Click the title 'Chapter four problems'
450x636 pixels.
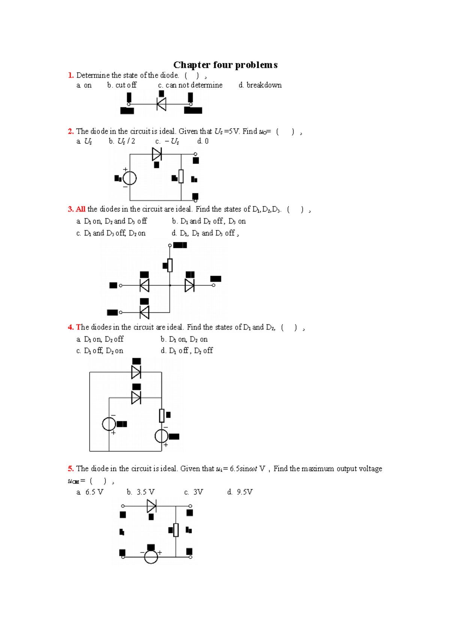point(225,65)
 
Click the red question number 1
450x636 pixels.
point(70,75)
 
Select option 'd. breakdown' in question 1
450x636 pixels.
point(260,85)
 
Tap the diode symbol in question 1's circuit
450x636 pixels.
point(161,104)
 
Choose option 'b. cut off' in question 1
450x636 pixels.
point(122,85)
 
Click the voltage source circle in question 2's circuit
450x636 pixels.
point(130,178)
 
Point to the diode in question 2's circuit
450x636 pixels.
point(157,154)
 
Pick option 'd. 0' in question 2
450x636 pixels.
point(203,141)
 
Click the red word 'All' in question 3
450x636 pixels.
point(81,209)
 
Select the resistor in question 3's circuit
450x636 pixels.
point(170,265)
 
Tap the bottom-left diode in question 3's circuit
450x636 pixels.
point(144,312)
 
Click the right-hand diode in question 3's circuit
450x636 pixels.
point(189,285)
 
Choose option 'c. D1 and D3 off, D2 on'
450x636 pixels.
point(111,233)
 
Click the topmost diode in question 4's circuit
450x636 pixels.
point(136,372)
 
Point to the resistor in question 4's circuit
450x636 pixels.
point(162,415)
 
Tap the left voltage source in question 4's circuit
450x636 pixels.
point(109,424)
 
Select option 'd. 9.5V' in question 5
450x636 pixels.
point(240,492)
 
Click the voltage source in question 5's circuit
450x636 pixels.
point(151,557)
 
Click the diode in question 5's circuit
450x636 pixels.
point(151,506)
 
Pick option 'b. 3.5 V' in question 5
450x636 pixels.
point(141,492)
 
